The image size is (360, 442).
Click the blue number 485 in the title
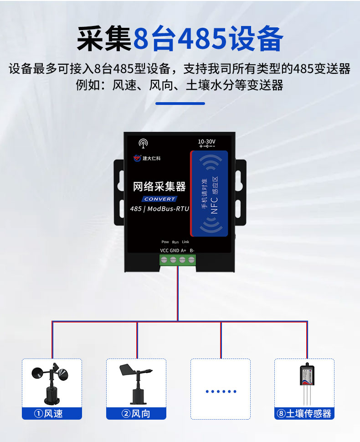(x=202, y=39)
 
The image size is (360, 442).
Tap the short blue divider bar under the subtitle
(x=180, y=104)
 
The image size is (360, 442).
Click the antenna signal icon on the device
(x=143, y=143)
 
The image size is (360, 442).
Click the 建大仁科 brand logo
(x=147, y=158)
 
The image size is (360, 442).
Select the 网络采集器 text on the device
(x=159, y=186)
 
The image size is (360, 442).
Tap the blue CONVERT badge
(x=159, y=199)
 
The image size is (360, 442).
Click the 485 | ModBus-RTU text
(x=159, y=209)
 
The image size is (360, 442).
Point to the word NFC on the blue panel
(x=214, y=205)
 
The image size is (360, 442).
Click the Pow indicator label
(x=165, y=242)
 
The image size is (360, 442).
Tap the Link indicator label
(x=185, y=242)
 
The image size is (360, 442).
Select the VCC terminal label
(x=164, y=250)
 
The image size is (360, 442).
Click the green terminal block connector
(x=178, y=260)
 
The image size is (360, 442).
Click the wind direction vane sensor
(x=136, y=384)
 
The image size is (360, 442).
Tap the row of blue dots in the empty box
(x=221, y=391)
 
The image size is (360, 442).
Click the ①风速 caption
(x=48, y=414)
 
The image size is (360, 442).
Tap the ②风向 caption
(x=136, y=414)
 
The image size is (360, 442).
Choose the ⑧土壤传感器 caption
(x=304, y=414)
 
